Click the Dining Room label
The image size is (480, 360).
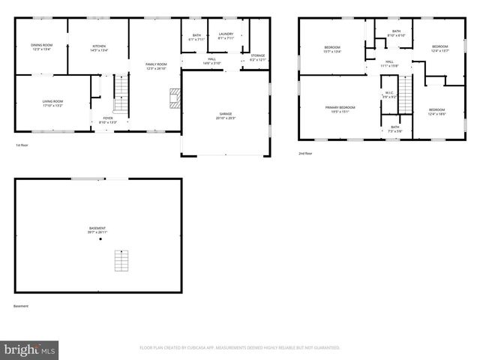tap(42, 47)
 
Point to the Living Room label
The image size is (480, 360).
tap(52, 103)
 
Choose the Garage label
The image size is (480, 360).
tap(226, 115)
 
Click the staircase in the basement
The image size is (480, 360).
tap(121, 261)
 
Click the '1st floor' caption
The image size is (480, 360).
tap(22, 145)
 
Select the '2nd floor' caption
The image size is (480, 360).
tap(305, 153)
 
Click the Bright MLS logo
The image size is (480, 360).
tap(30, 349)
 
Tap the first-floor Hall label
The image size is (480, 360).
tap(212, 61)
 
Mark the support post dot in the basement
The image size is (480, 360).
tap(100, 239)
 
